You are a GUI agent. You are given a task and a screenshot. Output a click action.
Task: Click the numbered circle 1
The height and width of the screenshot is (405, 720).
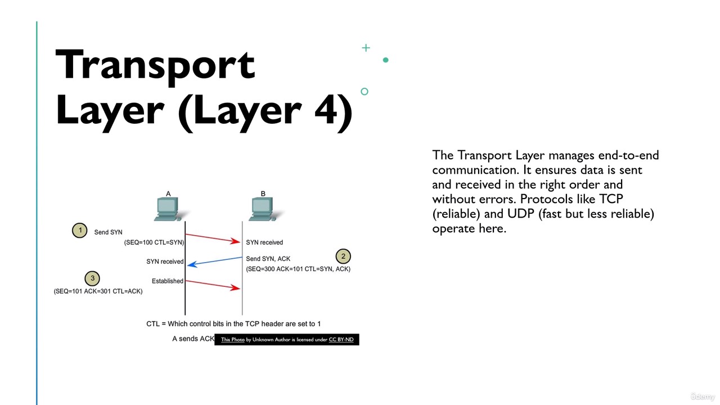(80, 231)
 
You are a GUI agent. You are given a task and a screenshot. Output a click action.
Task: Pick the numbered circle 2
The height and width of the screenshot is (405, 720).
(343, 256)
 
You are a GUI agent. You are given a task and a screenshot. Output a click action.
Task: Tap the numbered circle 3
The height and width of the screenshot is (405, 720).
(92, 278)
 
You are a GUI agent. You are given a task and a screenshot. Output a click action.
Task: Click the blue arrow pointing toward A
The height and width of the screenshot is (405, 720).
(214, 262)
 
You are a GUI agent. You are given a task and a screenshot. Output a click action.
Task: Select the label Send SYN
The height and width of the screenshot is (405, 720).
(109, 232)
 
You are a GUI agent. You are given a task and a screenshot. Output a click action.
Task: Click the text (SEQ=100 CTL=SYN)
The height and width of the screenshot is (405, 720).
(154, 242)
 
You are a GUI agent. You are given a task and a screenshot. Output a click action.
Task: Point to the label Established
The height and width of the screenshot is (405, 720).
(168, 281)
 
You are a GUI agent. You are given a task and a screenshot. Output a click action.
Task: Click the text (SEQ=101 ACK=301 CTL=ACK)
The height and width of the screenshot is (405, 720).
(98, 291)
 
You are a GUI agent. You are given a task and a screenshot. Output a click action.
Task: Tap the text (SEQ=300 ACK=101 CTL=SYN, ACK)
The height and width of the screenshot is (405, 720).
(298, 269)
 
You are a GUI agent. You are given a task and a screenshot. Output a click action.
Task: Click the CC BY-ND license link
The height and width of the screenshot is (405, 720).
(341, 339)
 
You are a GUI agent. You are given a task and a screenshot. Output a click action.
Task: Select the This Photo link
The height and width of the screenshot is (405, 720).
(233, 339)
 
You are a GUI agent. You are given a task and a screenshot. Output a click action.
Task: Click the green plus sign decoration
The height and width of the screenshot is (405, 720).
(366, 48)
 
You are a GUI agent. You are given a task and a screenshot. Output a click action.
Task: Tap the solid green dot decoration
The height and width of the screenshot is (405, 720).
(386, 60)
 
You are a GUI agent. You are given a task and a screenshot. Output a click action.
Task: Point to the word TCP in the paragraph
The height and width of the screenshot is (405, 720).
(611, 199)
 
